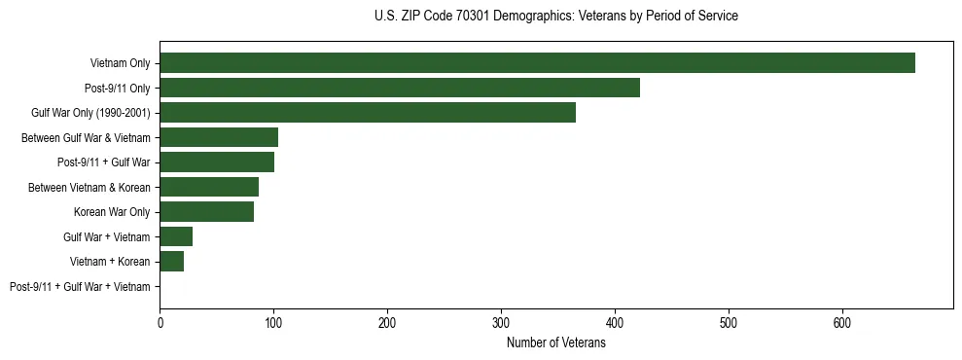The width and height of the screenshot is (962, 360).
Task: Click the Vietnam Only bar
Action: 537,63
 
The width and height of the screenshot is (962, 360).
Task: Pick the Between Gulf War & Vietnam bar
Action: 219,137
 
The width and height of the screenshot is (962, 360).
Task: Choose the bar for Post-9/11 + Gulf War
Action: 217,162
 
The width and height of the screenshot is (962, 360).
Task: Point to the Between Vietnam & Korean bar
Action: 209,187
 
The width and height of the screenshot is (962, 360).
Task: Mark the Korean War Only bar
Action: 206,212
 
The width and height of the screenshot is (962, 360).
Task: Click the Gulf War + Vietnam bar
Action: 176,236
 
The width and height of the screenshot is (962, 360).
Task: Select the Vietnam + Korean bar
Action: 171,262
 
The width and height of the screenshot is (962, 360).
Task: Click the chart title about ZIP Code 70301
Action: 555,17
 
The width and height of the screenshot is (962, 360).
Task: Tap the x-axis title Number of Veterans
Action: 555,343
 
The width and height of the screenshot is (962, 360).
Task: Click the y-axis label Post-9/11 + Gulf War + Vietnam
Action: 80,287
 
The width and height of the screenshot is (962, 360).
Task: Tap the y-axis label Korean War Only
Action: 112,212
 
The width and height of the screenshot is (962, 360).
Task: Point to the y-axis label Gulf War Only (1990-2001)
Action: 90,113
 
